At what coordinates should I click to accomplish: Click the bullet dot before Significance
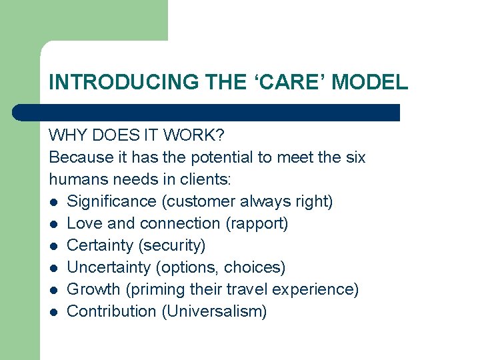[54, 202]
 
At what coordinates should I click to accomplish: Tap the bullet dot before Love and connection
[54, 224]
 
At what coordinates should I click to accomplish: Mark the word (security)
[172, 245]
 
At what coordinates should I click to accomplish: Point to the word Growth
[93, 289]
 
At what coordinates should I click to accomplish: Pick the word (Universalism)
[214, 311]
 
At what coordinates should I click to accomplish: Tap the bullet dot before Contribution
[54, 312]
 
